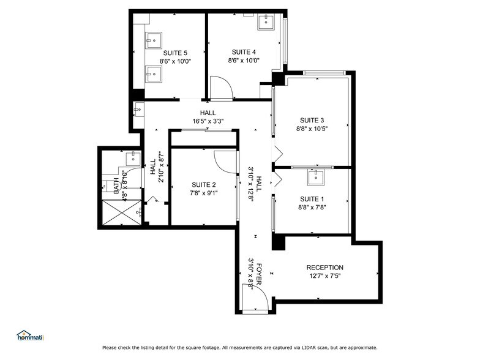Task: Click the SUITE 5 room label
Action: (175, 53)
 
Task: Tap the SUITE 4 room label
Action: (243, 52)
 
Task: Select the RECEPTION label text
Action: (324, 268)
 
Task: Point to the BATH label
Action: (116, 185)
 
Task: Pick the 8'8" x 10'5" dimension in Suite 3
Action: (312, 129)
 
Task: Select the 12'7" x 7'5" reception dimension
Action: (324, 276)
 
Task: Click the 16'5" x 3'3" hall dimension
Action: (208, 121)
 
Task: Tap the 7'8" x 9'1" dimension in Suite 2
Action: (204, 193)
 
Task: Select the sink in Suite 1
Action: (315, 178)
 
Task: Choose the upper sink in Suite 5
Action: (153, 41)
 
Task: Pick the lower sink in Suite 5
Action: (153, 75)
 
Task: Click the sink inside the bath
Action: (133, 159)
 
